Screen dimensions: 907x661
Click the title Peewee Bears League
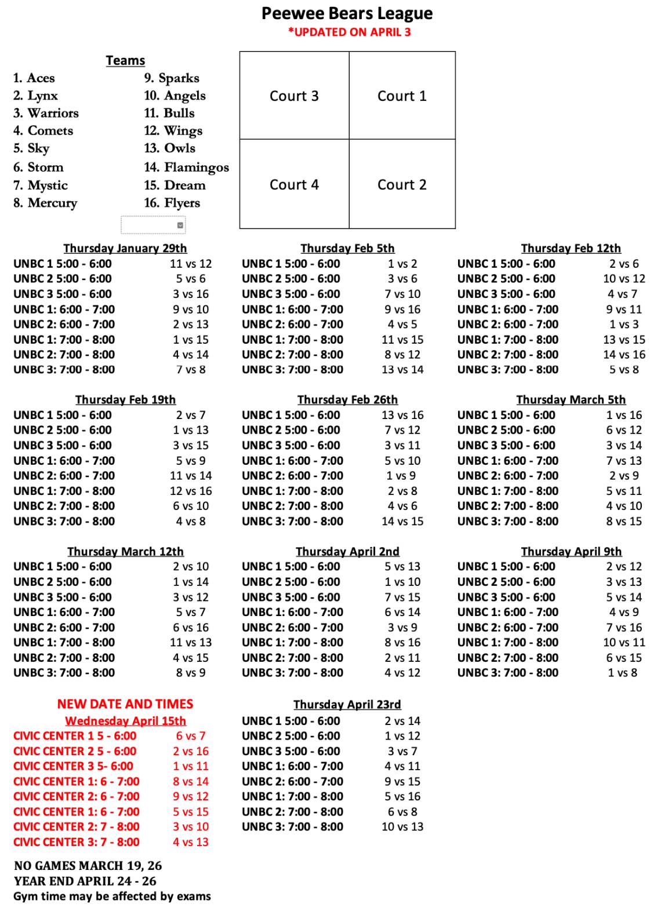point(347,13)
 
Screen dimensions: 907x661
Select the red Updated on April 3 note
point(349,32)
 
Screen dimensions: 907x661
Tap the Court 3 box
point(294,96)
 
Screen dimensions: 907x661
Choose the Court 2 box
point(402,184)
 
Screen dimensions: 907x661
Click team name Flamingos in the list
point(196,167)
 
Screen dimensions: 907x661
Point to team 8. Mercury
point(45,203)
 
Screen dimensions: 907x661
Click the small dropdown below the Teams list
point(153,225)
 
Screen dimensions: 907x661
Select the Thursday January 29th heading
point(125,248)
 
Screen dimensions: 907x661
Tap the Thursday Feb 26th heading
point(347,400)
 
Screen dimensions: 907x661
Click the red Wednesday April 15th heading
point(125,721)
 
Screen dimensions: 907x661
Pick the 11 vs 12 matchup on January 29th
point(191,264)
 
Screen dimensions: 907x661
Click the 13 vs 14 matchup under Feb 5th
point(402,370)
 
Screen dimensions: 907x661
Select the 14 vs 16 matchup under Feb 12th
point(624,355)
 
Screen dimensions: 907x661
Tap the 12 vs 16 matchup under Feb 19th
point(191,491)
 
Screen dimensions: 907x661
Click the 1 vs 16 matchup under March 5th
point(624,415)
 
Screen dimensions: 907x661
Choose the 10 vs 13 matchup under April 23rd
point(402,827)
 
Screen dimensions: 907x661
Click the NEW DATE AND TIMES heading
point(125,704)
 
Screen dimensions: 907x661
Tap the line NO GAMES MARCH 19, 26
point(88,866)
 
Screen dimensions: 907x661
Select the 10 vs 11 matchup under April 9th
point(624,642)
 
